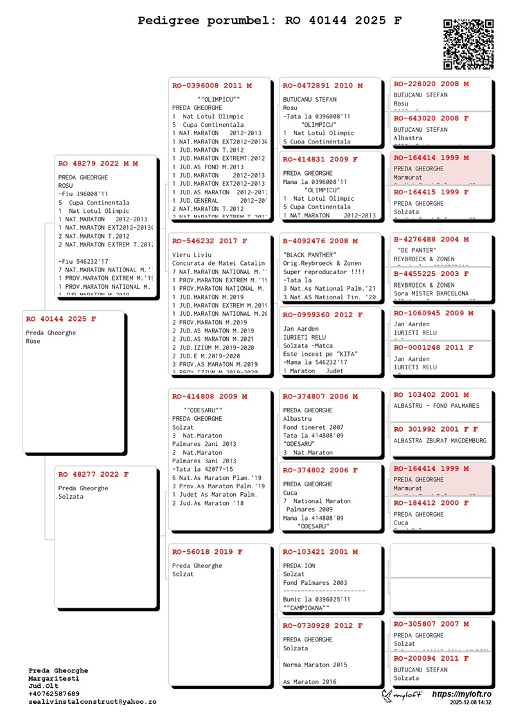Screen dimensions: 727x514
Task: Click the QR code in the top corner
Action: tap(468, 44)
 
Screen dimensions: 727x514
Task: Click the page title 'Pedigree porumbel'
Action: tap(270, 21)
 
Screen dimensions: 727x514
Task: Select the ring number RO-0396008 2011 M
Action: tap(212, 86)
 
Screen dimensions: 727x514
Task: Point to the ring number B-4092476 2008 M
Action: tap(321, 241)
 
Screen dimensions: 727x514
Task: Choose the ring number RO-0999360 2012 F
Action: tap(323, 315)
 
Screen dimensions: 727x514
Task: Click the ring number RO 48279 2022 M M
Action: tap(98, 164)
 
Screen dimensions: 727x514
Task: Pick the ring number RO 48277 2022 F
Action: tap(93, 475)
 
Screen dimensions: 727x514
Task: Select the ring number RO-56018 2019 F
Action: tap(208, 552)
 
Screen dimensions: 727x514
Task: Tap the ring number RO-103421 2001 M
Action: tap(321, 552)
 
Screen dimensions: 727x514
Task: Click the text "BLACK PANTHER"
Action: tap(310, 255)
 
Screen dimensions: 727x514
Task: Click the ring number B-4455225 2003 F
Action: tap(431, 273)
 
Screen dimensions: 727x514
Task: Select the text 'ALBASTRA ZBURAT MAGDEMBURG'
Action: tap(440, 441)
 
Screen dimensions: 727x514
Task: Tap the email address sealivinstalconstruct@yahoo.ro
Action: tap(92, 702)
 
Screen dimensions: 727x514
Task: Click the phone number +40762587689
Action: tap(54, 694)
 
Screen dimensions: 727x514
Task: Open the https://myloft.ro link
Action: tap(461, 694)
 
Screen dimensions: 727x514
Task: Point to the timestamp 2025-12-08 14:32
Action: tap(470, 703)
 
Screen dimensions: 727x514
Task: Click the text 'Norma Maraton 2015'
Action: tap(315, 665)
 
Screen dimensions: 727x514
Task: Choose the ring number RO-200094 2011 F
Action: tap(431, 658)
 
